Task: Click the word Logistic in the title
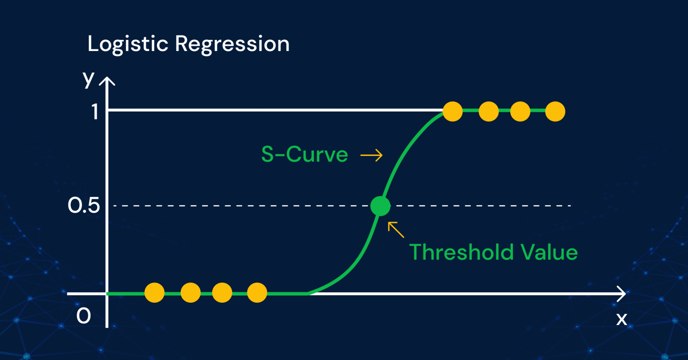127,44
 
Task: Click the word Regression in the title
232,44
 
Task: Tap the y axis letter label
89,79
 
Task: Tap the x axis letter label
622,319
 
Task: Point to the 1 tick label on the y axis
95,111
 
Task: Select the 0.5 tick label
84,206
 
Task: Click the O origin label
84,316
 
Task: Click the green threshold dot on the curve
380,206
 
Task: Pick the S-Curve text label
305,155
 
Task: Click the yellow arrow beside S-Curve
372,155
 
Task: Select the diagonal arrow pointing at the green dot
396,229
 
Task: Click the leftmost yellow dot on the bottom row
155,293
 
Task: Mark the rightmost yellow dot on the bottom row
257,293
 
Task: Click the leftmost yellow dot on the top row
452,111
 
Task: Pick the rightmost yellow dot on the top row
555,111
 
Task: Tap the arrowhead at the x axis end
622,294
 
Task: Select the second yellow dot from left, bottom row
190,293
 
